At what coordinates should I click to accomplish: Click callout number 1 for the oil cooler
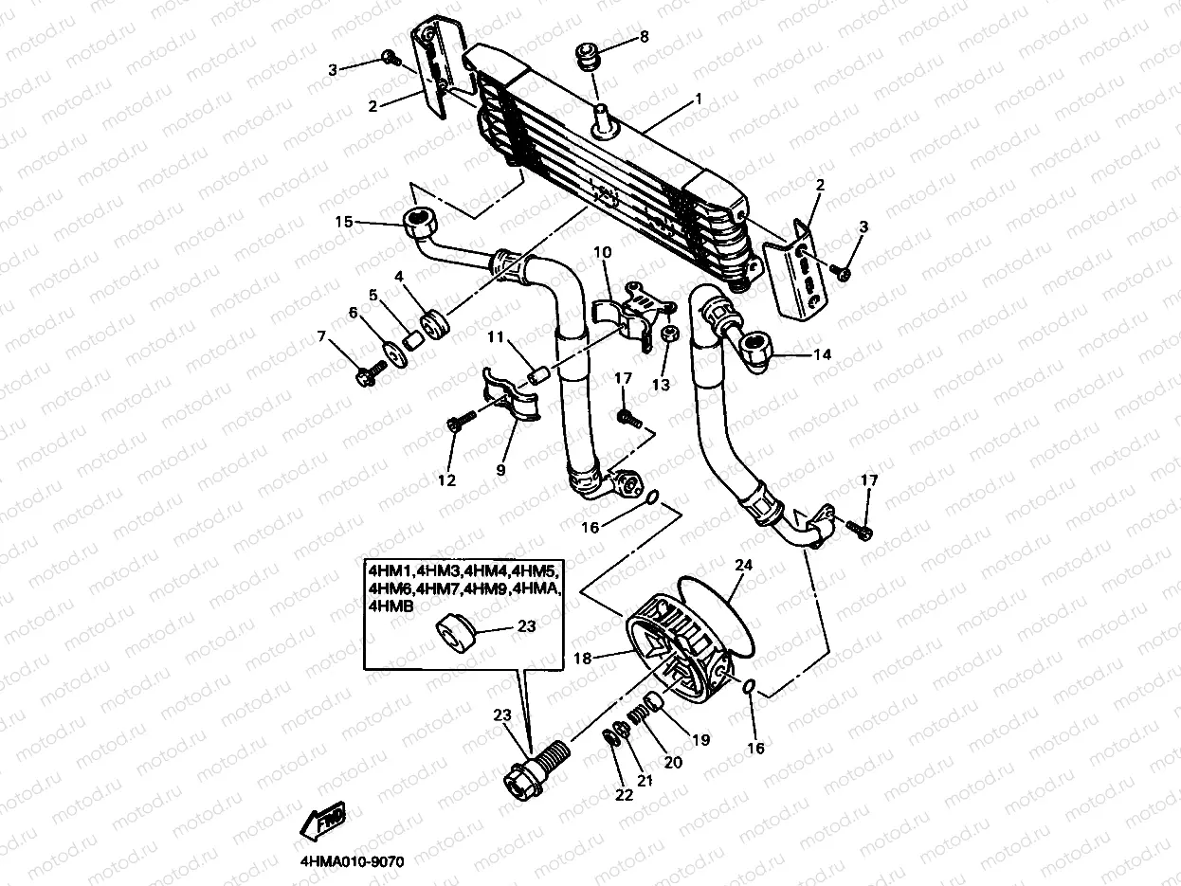[699, 99]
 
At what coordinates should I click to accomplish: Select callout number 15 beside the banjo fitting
[343, 222]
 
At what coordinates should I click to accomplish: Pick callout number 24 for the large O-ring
[743, 565]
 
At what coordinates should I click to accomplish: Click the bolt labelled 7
[366, 377]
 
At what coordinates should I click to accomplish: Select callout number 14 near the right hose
[821, 355]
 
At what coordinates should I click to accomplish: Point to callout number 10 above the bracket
[603, 253]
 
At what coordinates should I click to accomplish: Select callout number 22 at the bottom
[623, 795]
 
